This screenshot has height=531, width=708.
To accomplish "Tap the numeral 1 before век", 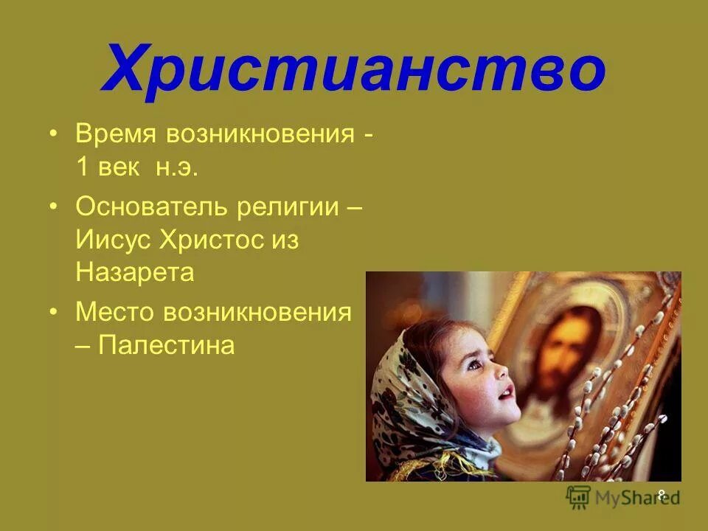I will click(82, 169).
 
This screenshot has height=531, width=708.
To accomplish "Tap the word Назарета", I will click(135, 273).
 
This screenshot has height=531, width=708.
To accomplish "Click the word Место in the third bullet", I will click(114, 312).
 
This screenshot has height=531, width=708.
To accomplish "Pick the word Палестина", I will click(167, 345).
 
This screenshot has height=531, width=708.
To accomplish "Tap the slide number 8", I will click(662, 494).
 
